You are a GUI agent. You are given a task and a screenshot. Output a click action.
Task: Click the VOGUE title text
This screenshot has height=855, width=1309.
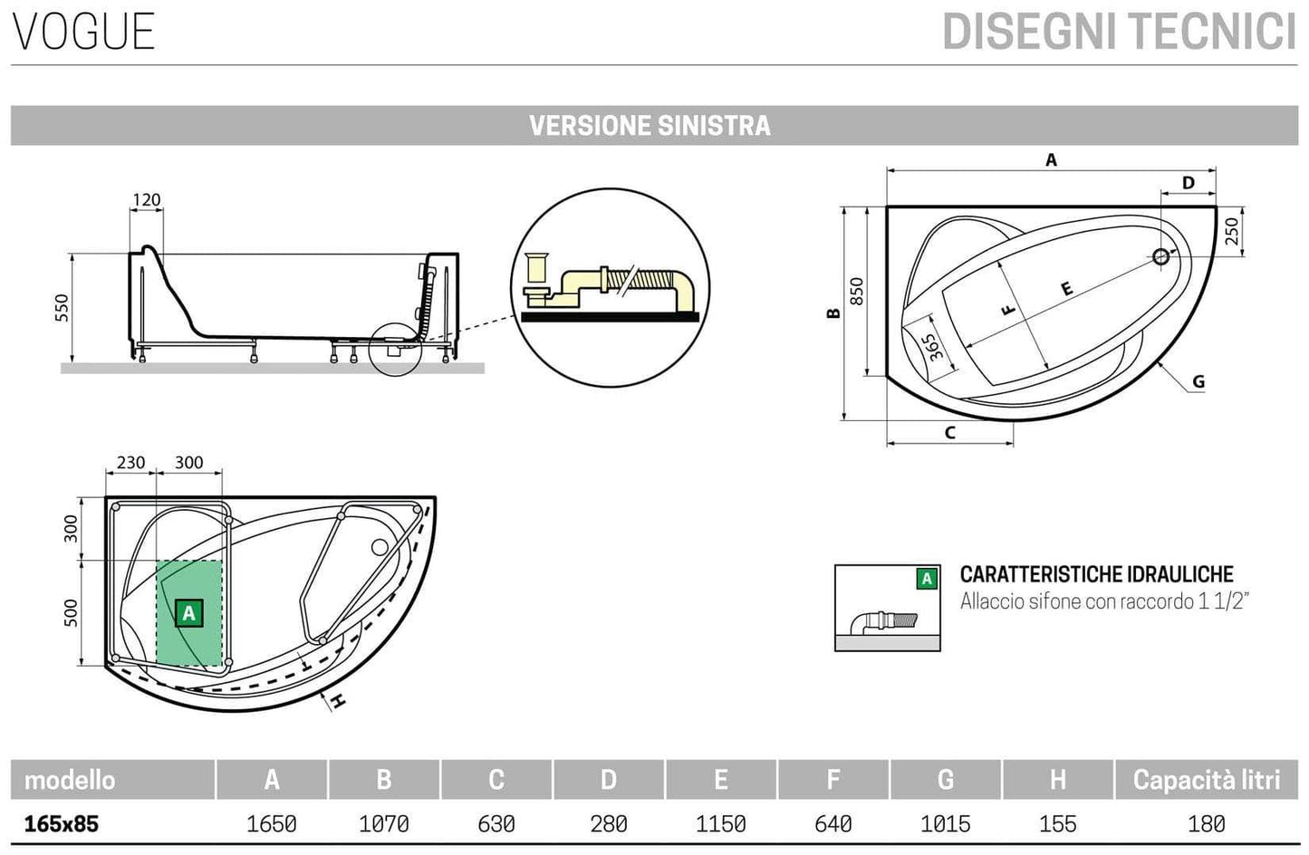pos(84,31)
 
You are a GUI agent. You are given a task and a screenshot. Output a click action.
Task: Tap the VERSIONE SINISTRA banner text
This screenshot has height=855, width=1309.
pos(650,125)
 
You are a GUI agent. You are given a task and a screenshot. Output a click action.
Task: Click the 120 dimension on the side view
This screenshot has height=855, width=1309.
pos(146,200)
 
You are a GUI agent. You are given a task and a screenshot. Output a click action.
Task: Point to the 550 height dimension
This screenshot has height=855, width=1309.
pos(63,312)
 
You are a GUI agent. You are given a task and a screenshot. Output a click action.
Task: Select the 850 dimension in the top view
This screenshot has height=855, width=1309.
pos(858,291)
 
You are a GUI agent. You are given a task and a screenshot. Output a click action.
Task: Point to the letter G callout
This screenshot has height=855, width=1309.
pos(1198,381)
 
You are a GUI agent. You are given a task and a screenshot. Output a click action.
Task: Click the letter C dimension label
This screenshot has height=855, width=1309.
pos(949,433)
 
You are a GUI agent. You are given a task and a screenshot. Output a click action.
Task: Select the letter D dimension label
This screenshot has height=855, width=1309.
pos(1189,183)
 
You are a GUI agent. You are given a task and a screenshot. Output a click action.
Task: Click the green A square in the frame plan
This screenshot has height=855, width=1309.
pos(188,613)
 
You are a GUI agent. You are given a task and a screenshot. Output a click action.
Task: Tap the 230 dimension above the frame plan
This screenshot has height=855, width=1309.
pos(130,463)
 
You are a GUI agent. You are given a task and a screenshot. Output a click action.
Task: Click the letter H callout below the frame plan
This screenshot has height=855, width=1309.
pos(337,701)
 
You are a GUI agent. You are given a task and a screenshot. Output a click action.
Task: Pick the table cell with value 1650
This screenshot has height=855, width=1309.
pos(271,824)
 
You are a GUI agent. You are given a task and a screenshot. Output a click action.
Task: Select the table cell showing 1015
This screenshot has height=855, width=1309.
pos(945,824)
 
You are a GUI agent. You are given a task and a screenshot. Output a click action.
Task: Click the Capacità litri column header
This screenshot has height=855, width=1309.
pos(1206,780)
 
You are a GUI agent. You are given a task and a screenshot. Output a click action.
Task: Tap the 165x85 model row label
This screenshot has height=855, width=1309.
pos(62,824)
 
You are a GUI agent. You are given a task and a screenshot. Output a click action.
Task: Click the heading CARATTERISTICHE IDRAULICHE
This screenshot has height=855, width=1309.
pos(1096,574)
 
